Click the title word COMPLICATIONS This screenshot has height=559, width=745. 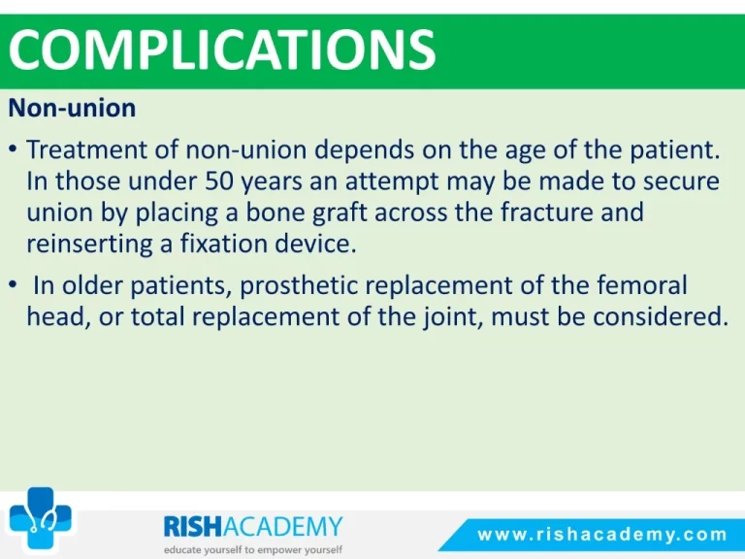pos(222,49)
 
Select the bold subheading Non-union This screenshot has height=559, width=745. pos(72,108)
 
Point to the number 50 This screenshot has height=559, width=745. pos(219,181)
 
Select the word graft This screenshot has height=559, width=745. pos(340,213)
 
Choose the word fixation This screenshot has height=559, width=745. pos(223,244)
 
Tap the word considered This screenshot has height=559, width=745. pos(661,316)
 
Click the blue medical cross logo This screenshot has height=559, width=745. pos(41,518)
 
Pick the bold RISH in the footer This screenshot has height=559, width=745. pos(192,526)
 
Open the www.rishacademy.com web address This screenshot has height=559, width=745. pos(602,535)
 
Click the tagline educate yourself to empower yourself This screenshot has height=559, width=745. pos(253,550)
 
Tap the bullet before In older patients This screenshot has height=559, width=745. pos(14,285)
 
